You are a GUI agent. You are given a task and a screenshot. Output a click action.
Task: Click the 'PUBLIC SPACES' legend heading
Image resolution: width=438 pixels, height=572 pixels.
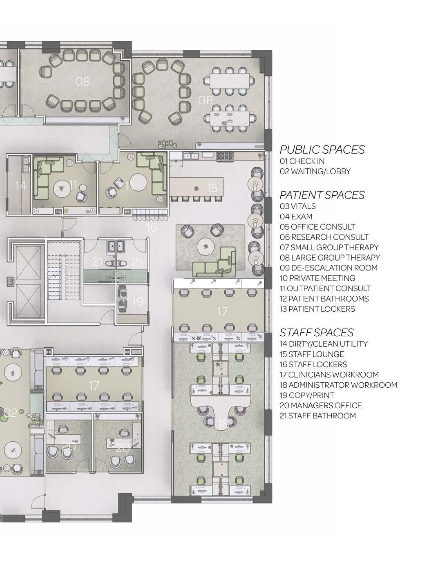[322, 150]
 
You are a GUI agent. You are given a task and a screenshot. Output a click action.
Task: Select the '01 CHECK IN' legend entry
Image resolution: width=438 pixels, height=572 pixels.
[302, 161]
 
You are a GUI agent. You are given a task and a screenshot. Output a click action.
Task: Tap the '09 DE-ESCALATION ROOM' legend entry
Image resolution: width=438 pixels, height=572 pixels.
[328, 268]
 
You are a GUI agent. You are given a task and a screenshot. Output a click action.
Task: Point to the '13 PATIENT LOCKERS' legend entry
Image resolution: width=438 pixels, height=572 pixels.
[317, 309]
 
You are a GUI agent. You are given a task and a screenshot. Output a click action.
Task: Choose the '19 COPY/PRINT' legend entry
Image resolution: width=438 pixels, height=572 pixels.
[307, 395]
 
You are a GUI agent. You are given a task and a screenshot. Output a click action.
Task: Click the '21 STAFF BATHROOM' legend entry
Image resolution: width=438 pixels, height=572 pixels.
[318, 416]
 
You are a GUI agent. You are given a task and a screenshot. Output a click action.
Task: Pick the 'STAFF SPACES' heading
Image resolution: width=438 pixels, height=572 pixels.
[316, 333]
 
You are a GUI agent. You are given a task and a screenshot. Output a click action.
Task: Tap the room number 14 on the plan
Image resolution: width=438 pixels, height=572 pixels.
[21, 185]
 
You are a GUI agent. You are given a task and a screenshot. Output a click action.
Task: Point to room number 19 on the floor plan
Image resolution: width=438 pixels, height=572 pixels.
[138, 302]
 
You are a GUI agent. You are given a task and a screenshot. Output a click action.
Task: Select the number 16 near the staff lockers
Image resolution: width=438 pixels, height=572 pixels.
[152, 227]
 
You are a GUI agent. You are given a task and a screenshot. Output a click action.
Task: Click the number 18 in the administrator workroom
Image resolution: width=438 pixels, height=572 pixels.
[223, 424]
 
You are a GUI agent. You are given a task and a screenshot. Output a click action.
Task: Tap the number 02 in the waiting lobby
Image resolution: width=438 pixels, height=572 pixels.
[11, 413]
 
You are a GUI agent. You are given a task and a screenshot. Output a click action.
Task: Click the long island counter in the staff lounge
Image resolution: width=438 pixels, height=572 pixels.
[197, 187]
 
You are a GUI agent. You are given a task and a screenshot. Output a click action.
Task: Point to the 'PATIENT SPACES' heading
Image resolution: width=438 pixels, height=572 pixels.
[322, 195]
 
